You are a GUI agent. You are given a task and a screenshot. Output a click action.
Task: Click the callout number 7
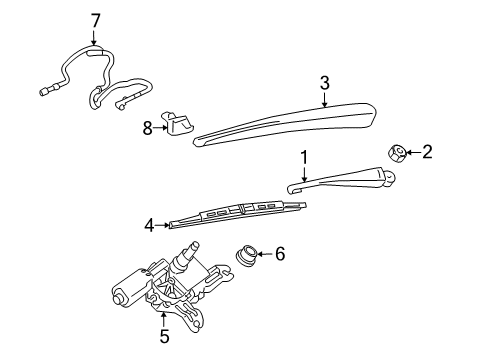pyautogui.click(x=96, y=19)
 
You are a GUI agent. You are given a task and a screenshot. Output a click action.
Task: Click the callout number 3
pyautogui.click(x=324, y=83)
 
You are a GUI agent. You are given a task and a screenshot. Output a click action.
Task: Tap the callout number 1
pyautogui.click(x=304, y=156)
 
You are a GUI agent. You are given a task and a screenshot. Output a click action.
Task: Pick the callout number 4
pyautogui.click(x=149, y=225)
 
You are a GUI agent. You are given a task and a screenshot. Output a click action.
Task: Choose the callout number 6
pyautogui.click(x=279, y=255)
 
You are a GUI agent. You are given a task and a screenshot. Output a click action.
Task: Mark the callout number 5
pyautogui.click(x=164, y=336)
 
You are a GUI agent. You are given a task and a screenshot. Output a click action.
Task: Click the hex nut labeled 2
pyautogui.click(x=395, y=153)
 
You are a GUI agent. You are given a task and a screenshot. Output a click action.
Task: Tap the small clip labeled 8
pyautogui.click(x=180, y=125)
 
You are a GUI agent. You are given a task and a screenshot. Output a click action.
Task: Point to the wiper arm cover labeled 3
pyautogui.click(x=290, y=121)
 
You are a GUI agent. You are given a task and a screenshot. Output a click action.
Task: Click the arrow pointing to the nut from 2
pyautogui.click(x=411, y=152)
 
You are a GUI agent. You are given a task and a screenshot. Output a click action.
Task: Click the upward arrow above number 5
pyautogui.click(x=164, y=318)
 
